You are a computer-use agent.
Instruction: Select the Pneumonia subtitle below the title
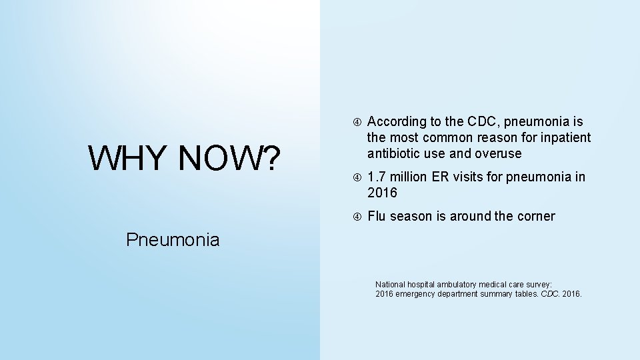click(173, 239)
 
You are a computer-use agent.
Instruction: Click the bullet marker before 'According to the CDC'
click(357, 122)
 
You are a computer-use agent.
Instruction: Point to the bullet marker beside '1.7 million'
click(357, 177)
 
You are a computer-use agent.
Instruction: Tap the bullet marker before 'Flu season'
click(357, 217)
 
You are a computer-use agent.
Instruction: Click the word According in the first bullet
click(397, 121)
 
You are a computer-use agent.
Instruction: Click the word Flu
click(377, 216)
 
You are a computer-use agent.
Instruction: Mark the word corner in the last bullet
click(535, 216)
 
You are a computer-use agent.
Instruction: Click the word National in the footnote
click(391, 284)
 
